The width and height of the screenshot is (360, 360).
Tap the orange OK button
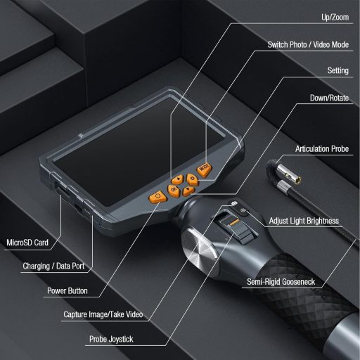(x=173, y=188)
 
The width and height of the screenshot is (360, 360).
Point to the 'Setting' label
(x=338, y=71)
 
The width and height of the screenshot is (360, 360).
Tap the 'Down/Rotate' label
(x=329, y=98)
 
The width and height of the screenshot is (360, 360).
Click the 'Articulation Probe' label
(x=321, y=150)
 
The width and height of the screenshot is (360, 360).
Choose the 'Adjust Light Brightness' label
(x=304, y=221)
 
